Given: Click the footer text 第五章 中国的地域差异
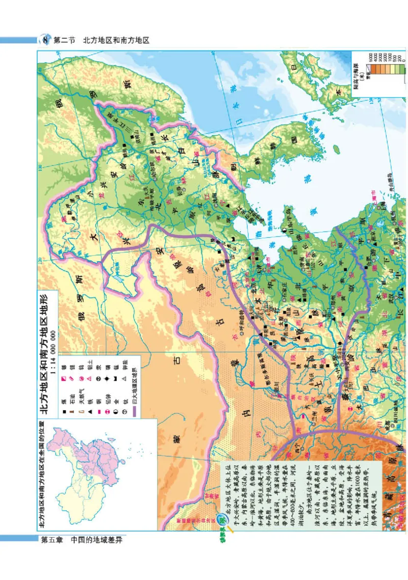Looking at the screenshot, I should click(82, 539).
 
